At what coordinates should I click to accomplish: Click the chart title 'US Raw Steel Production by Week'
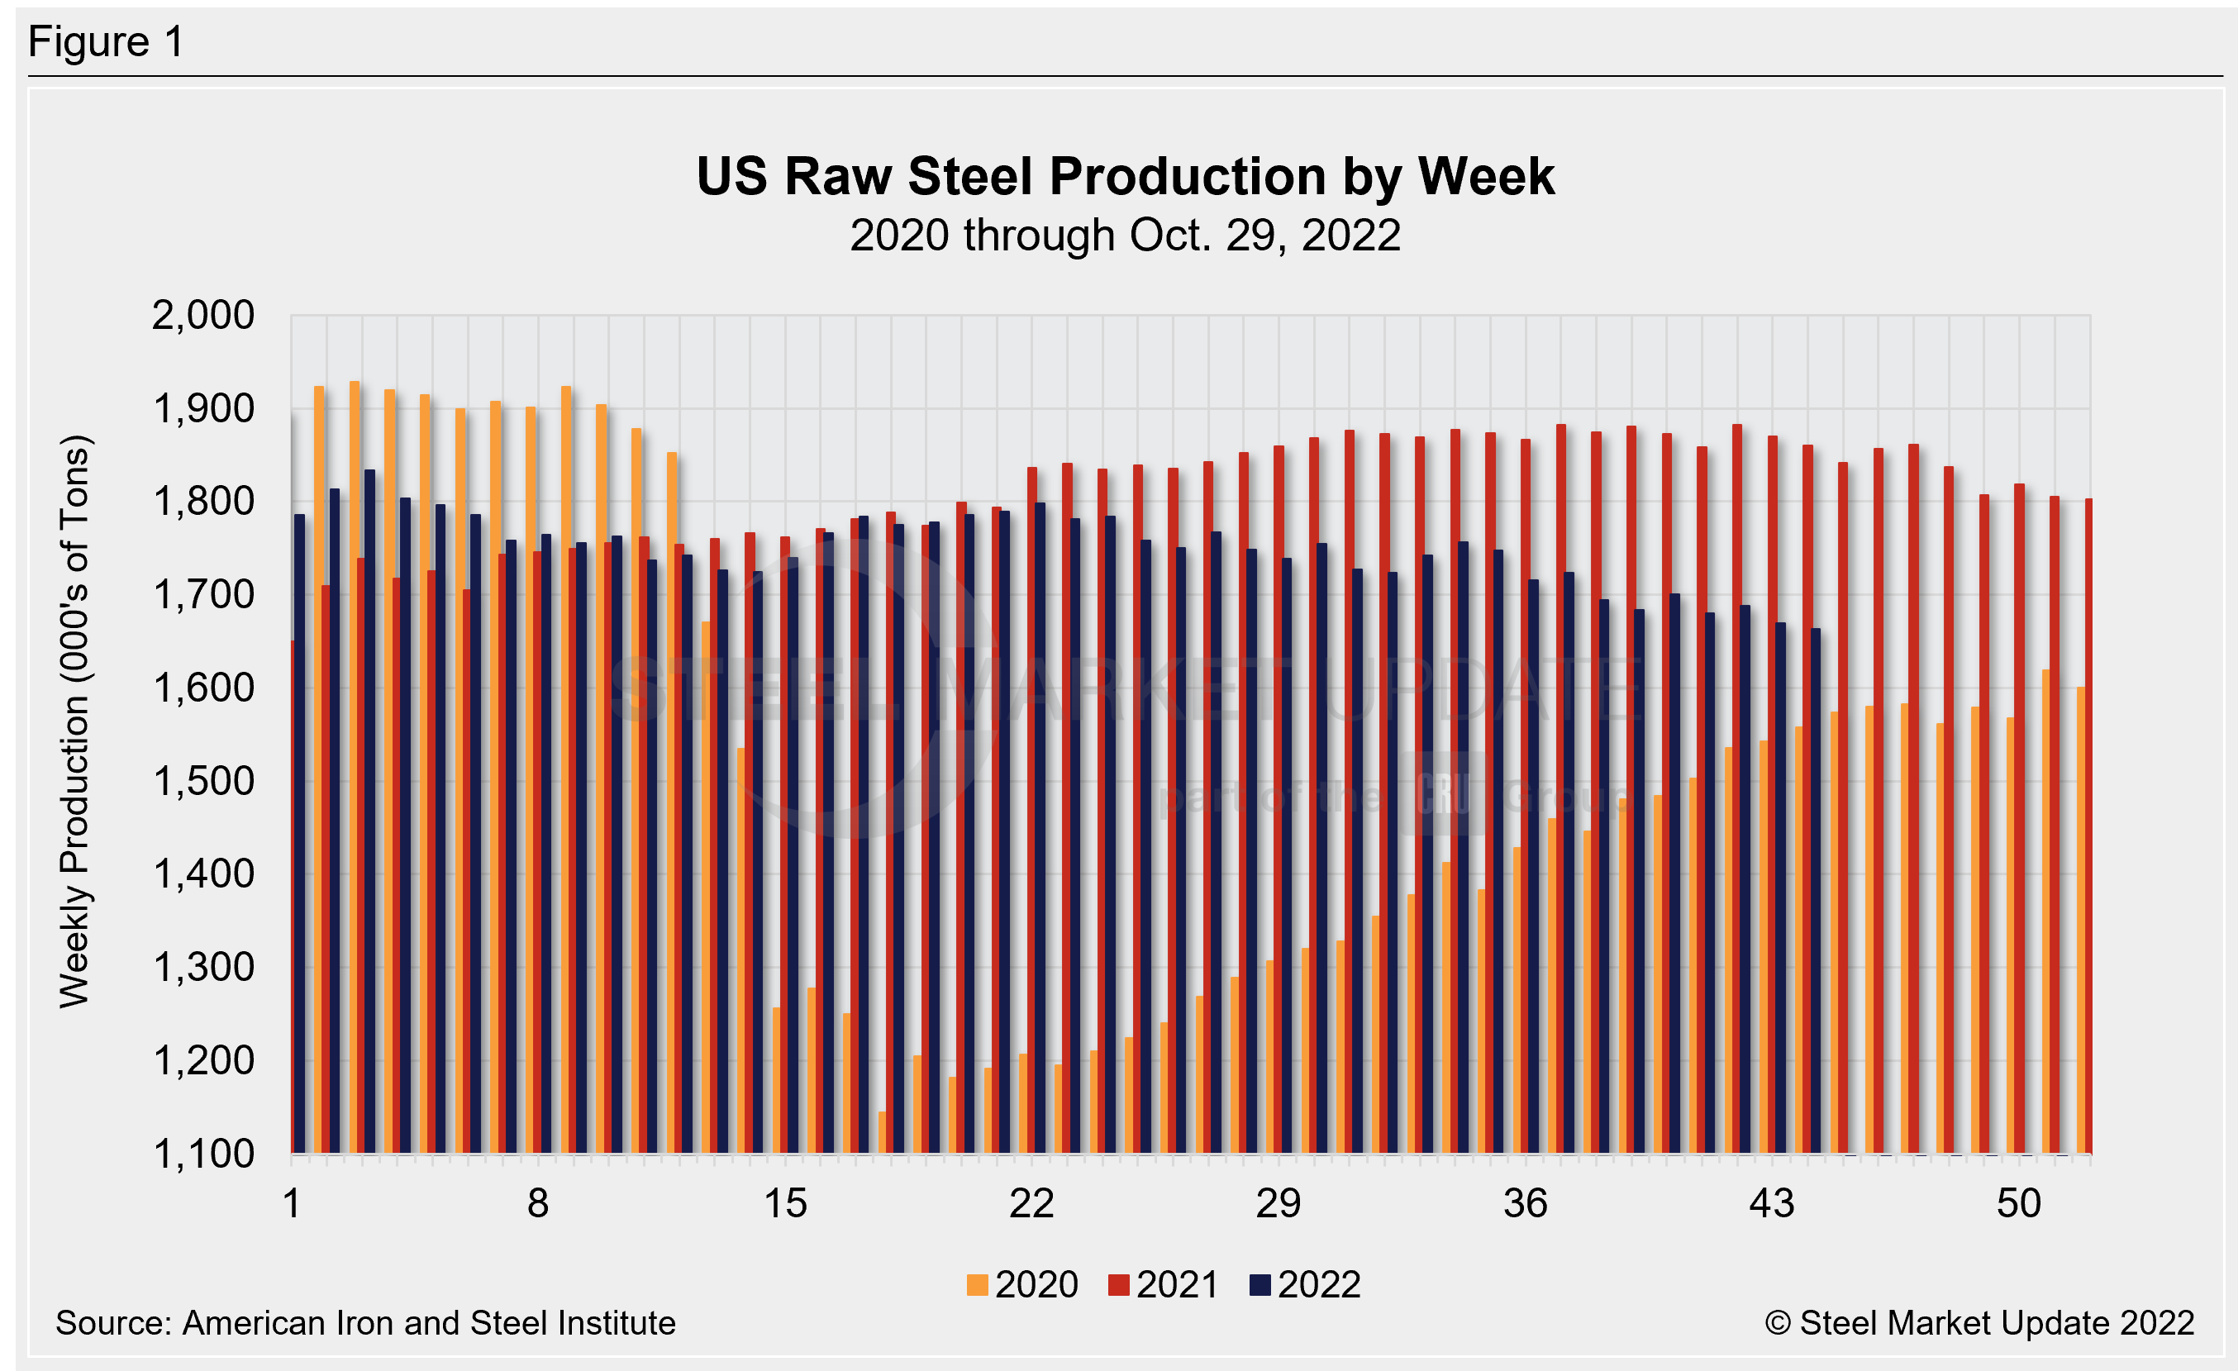1125,176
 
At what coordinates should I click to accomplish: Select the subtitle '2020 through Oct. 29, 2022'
1125,236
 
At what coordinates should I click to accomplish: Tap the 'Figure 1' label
107,42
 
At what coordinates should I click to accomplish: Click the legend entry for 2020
1023,1285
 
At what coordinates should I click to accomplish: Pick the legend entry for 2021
1164,1285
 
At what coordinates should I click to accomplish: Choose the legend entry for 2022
1305,1285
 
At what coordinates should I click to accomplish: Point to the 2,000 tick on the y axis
202,316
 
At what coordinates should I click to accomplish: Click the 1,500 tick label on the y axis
202,781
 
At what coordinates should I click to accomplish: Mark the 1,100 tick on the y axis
202,1154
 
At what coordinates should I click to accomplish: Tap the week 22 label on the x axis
1031,1204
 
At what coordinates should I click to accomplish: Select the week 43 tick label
1772,1204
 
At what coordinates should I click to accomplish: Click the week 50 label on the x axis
2018,1204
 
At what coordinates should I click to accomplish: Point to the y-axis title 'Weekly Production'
74,721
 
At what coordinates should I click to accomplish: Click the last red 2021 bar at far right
2088,817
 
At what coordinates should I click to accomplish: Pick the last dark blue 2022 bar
1815,890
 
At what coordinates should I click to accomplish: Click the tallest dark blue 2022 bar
369,808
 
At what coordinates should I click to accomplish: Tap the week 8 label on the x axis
538,1204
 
